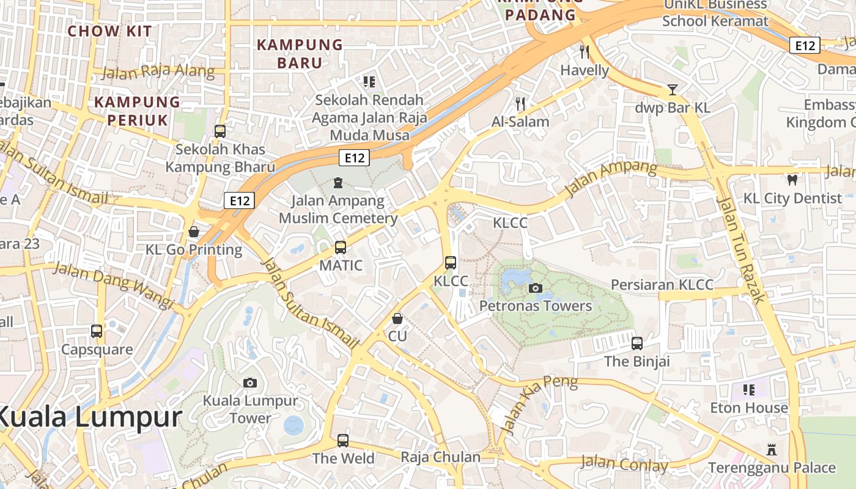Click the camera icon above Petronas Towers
[536, 288]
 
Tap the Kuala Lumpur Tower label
[250, 410]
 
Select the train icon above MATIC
[341, 248]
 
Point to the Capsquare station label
[97, 350]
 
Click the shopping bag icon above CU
[397, 318]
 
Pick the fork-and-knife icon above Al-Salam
[520, 103]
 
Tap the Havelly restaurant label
[585, 70]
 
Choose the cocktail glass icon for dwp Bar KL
[673, 90]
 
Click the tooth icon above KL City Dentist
[792, 180]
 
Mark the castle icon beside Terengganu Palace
[772, 450]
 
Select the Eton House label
[749, 408]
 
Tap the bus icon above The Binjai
[637, 343]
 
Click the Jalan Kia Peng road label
[538, 403]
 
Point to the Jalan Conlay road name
[624, 464]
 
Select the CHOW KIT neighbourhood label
[111, 31]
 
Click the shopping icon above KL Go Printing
[194, 232]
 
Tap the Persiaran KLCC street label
[662, 285]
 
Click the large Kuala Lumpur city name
[89, 418]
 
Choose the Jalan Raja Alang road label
[158, 72]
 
